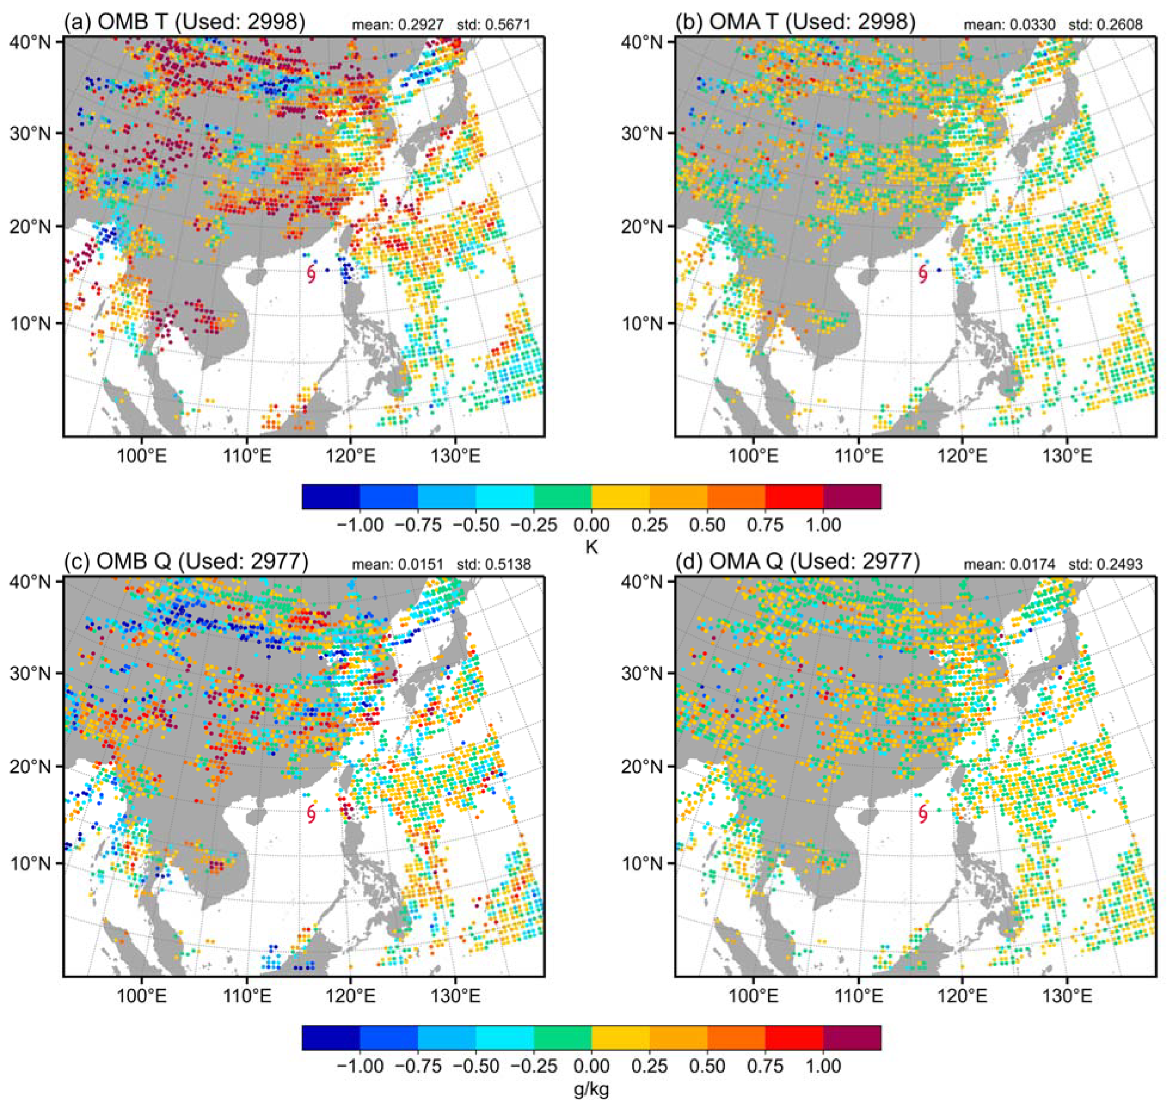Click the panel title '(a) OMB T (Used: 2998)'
pos(184,22)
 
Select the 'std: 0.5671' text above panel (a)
pos(493,25)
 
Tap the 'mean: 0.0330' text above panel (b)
pos(999,25)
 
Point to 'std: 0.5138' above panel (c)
pos(493,564)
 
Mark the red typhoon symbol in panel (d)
pos(922,814)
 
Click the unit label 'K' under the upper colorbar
pos(591,547)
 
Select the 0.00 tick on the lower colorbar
pos(591,1066)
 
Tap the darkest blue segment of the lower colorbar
pos(331,1037)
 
